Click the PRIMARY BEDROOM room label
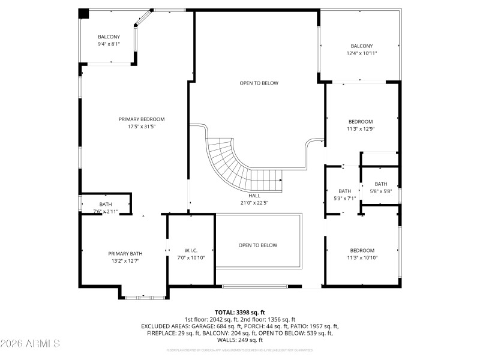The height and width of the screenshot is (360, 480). click(x=141, y=119)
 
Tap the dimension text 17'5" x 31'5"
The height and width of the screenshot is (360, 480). click(x=141, y=127)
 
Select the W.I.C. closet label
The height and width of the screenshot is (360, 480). click(x=191, y=250)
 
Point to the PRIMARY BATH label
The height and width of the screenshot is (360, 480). click(x=125, y=253)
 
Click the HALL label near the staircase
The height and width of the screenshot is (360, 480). click(x=254, y=196)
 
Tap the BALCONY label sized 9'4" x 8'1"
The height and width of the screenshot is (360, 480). click(x=109, y=37)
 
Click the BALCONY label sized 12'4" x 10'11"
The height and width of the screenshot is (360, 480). click(x=361, y=46)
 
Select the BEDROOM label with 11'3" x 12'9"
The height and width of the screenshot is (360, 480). click(x=361, y=121)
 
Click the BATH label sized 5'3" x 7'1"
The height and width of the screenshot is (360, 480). click(x=344, y=191)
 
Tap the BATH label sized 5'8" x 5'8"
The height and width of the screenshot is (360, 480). click(x=381, y=184)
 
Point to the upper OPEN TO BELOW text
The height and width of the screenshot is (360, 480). click(x=259, y=83)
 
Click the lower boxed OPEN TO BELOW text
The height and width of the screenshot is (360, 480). click(x=258, y=245)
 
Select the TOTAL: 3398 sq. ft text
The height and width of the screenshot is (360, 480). click(x=240, y=313)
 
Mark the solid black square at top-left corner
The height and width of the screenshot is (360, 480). click(x=84, y=13)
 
